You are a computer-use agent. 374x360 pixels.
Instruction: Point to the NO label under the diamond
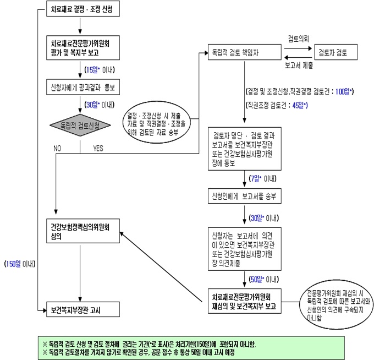coord(57,148)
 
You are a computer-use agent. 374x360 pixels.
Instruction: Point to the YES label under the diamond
coord(98,148)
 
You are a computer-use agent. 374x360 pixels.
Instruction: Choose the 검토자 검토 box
coord(335,52)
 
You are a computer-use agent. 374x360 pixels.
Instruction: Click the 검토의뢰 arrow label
coord(298,39)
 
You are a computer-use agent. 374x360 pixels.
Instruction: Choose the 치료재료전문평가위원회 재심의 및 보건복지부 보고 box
coord(245,302)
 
